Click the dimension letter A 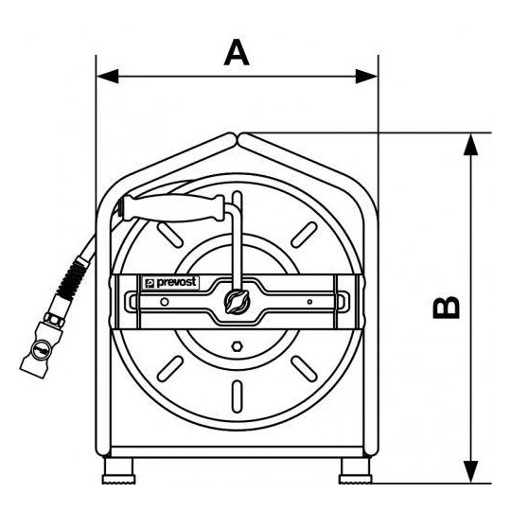point(237,52)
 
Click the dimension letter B point(446,307)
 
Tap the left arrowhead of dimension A point(108,77)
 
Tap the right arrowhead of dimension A point(366,77)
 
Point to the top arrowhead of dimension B point(470,144)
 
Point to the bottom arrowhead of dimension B point(470,471)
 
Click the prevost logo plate point(170,283)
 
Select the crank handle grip point(171,208)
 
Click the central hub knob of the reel point(238,302)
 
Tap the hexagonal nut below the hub point(237,346)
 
